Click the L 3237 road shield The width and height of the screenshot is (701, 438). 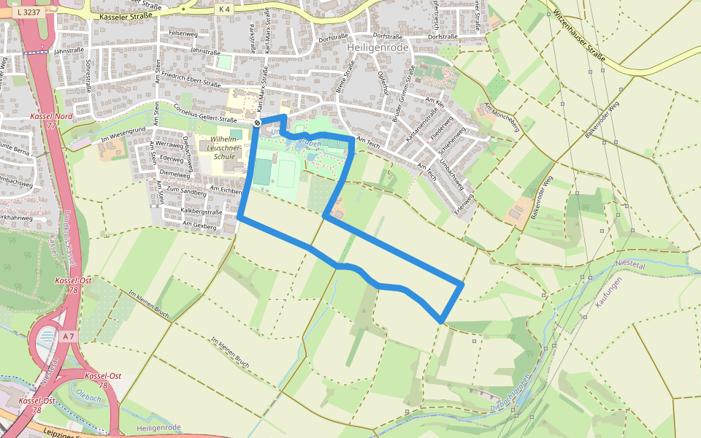coord(27,12)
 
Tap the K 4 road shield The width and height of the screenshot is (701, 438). coord(223,9)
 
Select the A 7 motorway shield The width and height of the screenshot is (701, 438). coord(68,336)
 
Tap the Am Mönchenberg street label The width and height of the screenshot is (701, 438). coord(501,118)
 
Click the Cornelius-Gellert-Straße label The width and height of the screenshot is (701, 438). coord(206,114)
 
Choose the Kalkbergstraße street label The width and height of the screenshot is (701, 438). coord(200,211)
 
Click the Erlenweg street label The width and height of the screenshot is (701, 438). coord(464,198)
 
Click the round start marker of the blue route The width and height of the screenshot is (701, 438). coord(257,123)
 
